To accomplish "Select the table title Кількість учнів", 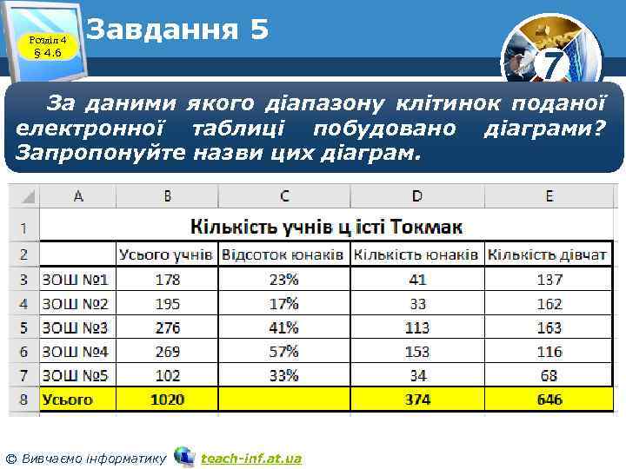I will pos(326,227).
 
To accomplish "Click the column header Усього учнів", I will pos(165,254).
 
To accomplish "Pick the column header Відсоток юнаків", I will pos(284,254).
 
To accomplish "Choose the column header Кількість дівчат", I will pos(548,254).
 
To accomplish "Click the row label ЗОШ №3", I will pos(76,327).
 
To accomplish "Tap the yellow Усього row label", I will pos(68,400).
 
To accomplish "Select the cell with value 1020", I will pos(167,400).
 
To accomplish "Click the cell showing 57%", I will pos(284,352).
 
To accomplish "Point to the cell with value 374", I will pos(417,400).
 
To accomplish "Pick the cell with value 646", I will pos(549,400).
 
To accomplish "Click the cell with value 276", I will pos(167,327).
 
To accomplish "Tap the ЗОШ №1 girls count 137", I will pos(549,280).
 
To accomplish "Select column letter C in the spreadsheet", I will pos(284,196).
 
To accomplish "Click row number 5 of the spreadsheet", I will pos(23,327).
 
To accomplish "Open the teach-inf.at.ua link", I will pos(250,458).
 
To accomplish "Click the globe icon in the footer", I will pos(184,456).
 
